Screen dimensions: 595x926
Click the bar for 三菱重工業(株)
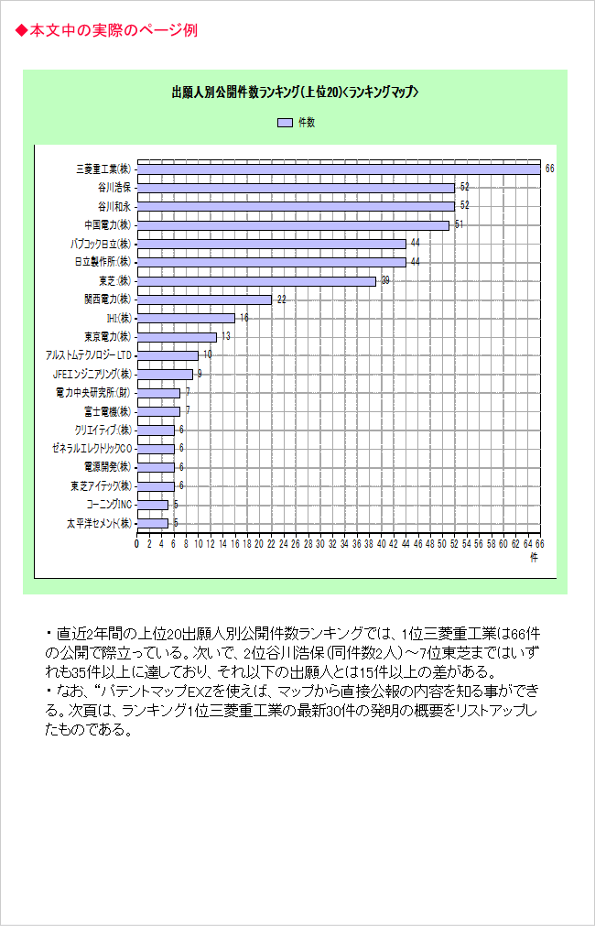click(x=339, y=169)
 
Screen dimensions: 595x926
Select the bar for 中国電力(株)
click(x=293, y=225)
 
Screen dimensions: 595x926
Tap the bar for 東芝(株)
click(x=257, y=281)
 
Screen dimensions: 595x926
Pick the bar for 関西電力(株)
click(x=205, y=300)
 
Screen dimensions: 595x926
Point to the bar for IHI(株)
click(x=186, y=319)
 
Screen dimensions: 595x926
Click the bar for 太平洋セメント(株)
click(x=153, y=523)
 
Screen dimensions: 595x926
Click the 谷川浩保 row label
click(x=114, y=188)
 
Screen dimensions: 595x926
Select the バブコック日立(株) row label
click(x=101, y=244)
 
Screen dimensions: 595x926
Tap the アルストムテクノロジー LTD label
click(x=89, y=355)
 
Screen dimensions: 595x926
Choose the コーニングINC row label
click(x=109, y=505)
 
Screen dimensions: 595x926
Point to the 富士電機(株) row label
click(x=107, y=411)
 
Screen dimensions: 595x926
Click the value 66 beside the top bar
click(x=549, y=169)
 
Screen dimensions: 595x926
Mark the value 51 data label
click(x=460, y=225)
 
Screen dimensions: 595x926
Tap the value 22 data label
click(x=282, y=300)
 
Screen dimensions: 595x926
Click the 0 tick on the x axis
click(x=137, y=543)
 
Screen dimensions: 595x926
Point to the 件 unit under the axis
click(x=534, y=558)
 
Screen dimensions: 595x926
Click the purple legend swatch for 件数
click(x=285, y=122)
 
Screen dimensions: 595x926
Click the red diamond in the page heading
click(x=21, y=30)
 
